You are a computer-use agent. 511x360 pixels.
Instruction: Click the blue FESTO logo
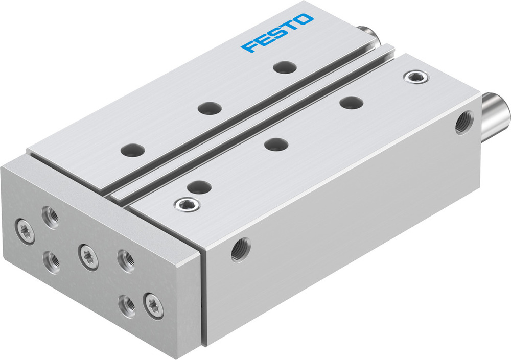click(277, 34)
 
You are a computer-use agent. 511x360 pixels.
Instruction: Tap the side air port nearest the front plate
click(240, 249)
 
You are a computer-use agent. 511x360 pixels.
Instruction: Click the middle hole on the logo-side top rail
click(210, 108)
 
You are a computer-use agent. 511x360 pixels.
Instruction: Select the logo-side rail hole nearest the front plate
click(132, 150)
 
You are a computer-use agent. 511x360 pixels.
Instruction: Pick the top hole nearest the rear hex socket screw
click(352, 102)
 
